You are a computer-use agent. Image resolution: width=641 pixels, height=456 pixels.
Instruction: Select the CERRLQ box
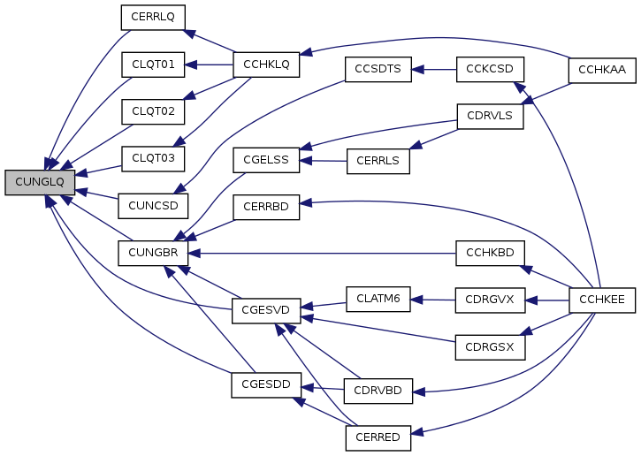pos(152,17)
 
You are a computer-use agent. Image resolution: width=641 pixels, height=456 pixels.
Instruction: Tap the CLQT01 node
pos(152,64)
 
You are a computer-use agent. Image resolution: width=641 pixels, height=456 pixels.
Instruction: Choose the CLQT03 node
pos(152,158)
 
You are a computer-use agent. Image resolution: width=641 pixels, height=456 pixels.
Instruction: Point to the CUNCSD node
pos(152,206)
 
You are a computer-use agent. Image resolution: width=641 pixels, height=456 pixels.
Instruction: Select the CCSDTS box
pos(378,70)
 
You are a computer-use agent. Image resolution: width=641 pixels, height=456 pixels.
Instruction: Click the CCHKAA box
pos(602,70)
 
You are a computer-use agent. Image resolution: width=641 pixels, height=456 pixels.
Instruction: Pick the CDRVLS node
pos(490,115)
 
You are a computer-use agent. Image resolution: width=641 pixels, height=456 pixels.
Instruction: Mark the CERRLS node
pos(378,160)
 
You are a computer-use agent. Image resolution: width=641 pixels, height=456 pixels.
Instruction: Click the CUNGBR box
pos(152,253)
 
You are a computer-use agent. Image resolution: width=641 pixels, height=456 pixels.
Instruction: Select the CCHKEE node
pos(602,300)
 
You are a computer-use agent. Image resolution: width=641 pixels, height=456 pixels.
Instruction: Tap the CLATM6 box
pos(378,300)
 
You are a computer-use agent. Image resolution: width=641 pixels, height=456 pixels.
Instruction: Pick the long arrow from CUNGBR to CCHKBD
pos(327,253)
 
